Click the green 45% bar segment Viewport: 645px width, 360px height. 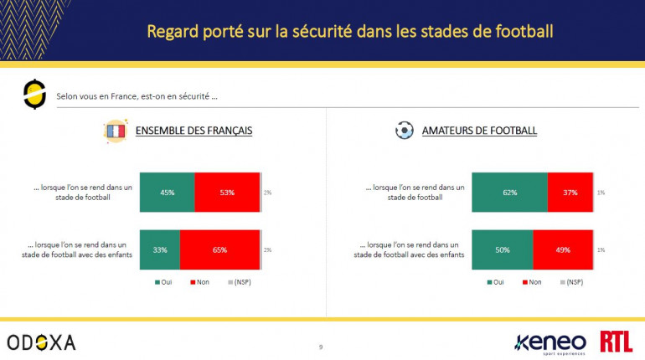click(x=167, y=193)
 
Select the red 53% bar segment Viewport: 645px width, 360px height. click(x=227, y=193)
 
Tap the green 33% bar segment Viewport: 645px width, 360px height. click(x=159, y=249)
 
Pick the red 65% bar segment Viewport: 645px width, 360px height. click(x=219, y=249)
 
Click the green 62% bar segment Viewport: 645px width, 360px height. click(x=509, y=193)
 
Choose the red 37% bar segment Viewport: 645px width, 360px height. click(x=570, y=193)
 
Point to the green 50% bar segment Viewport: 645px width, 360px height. click(x=503, y=249)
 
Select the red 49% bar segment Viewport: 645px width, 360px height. click(x=563, y=249)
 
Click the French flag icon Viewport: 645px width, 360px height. click(x=114, y=131)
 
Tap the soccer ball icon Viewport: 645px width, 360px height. click(x=405, y=131)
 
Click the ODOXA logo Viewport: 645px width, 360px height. click(x=41, y=342)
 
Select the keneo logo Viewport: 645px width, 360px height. click(x=550, y=342)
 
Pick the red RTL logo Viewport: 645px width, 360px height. click(x=616, y=341)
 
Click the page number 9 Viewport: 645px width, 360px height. click(x=321, y=347)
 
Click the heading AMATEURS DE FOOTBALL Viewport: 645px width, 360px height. click(x=479, y=131)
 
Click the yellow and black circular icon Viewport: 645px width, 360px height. click(x=34, y=94)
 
